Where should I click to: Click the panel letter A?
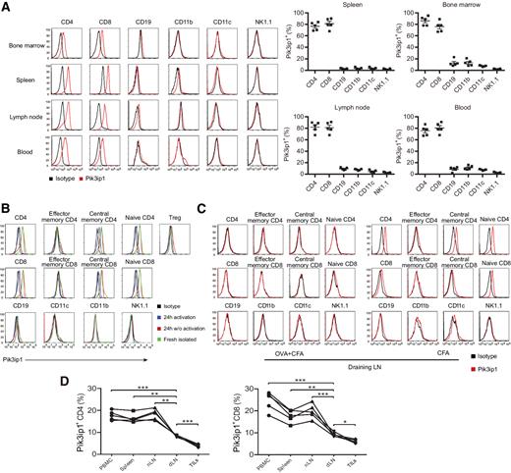[6, 7]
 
